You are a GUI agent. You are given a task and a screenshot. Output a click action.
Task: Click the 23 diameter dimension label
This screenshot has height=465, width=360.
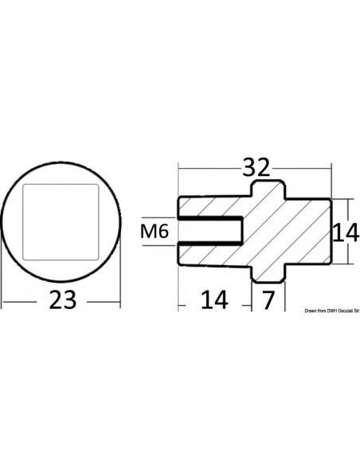(63, 299)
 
